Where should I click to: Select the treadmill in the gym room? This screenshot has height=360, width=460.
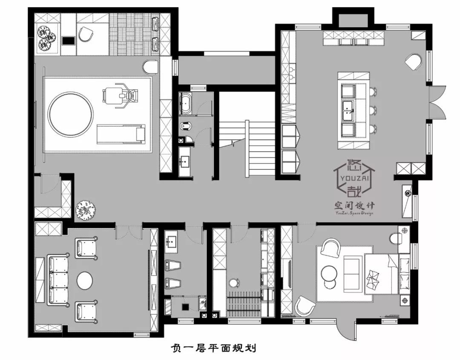click(121, 134)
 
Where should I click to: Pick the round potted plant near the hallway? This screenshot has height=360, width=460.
click(85, 210)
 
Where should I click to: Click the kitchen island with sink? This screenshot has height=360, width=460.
click(353, 110)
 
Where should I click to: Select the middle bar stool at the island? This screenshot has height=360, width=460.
click(374, 110)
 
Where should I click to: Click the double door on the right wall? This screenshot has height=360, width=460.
click(437, 104)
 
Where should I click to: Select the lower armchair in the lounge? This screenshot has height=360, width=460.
click(86, 311)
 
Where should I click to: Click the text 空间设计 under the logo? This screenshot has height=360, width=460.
click(353, 206)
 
